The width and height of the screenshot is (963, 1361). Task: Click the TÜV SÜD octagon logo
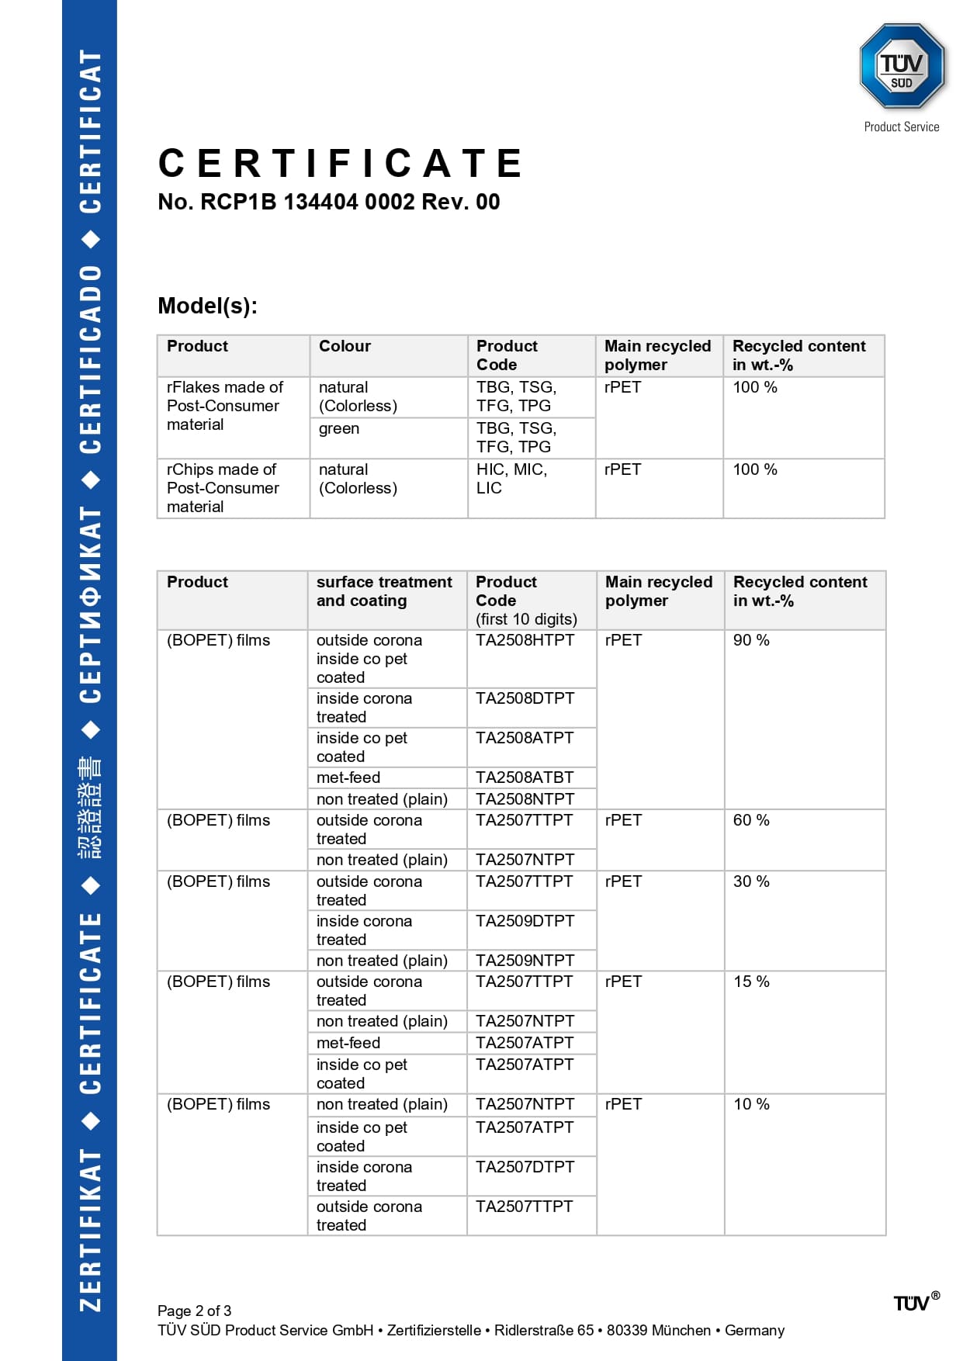pos(901,67)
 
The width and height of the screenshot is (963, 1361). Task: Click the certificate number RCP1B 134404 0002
pos(329,202)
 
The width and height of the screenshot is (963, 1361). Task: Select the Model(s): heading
pos(207,306)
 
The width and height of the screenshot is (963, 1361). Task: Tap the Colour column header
pos(345,346)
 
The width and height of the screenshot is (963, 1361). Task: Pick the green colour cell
pos(339,428)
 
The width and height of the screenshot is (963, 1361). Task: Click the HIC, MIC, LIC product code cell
pos(511,479)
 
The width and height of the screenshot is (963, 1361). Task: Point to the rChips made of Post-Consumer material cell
pos(223,488)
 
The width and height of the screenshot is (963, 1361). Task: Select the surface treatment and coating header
pos(384,591)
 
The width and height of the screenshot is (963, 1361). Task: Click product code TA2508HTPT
pos(525,640)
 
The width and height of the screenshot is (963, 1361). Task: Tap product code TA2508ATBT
pos(525,777)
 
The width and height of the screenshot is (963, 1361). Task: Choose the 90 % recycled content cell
pos(751,640)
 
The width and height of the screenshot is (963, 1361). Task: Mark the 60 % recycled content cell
pos(751,820)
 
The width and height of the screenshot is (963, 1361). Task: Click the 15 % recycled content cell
pos(751,982)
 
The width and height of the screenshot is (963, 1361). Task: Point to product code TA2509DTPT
pos(525,921)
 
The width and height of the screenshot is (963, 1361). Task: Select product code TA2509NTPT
pos(525,961)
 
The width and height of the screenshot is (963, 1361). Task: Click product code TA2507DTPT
pos(525,1167)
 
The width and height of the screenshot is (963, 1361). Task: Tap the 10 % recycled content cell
pos(751,1104)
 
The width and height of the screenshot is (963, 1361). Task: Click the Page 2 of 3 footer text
pos(194,1311)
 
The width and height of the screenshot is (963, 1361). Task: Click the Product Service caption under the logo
pos(901,127)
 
